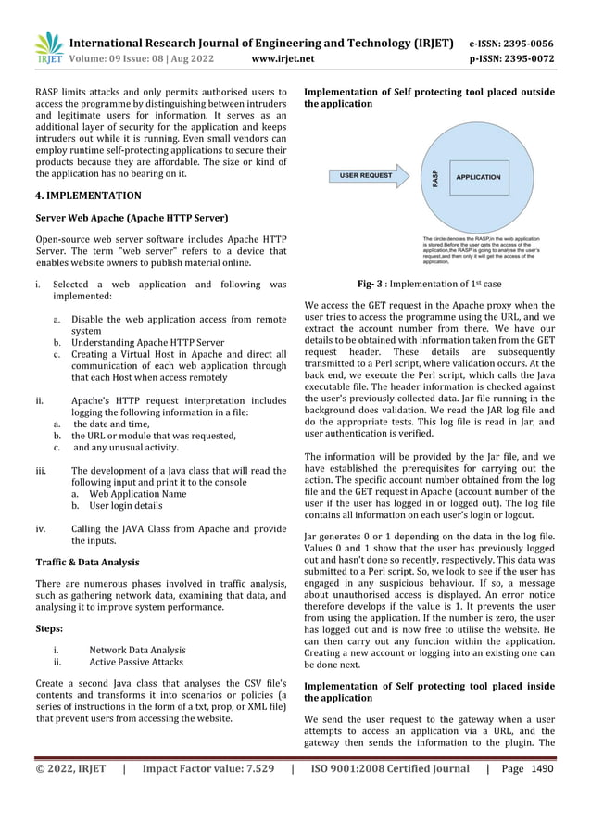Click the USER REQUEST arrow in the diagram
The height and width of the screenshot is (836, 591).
tap(366, 174)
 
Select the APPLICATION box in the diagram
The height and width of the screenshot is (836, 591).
tap(478, 176)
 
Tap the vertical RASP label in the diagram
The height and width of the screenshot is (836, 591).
tap(434, 176)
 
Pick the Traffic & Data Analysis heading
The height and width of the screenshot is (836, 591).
tap(87, 562)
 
